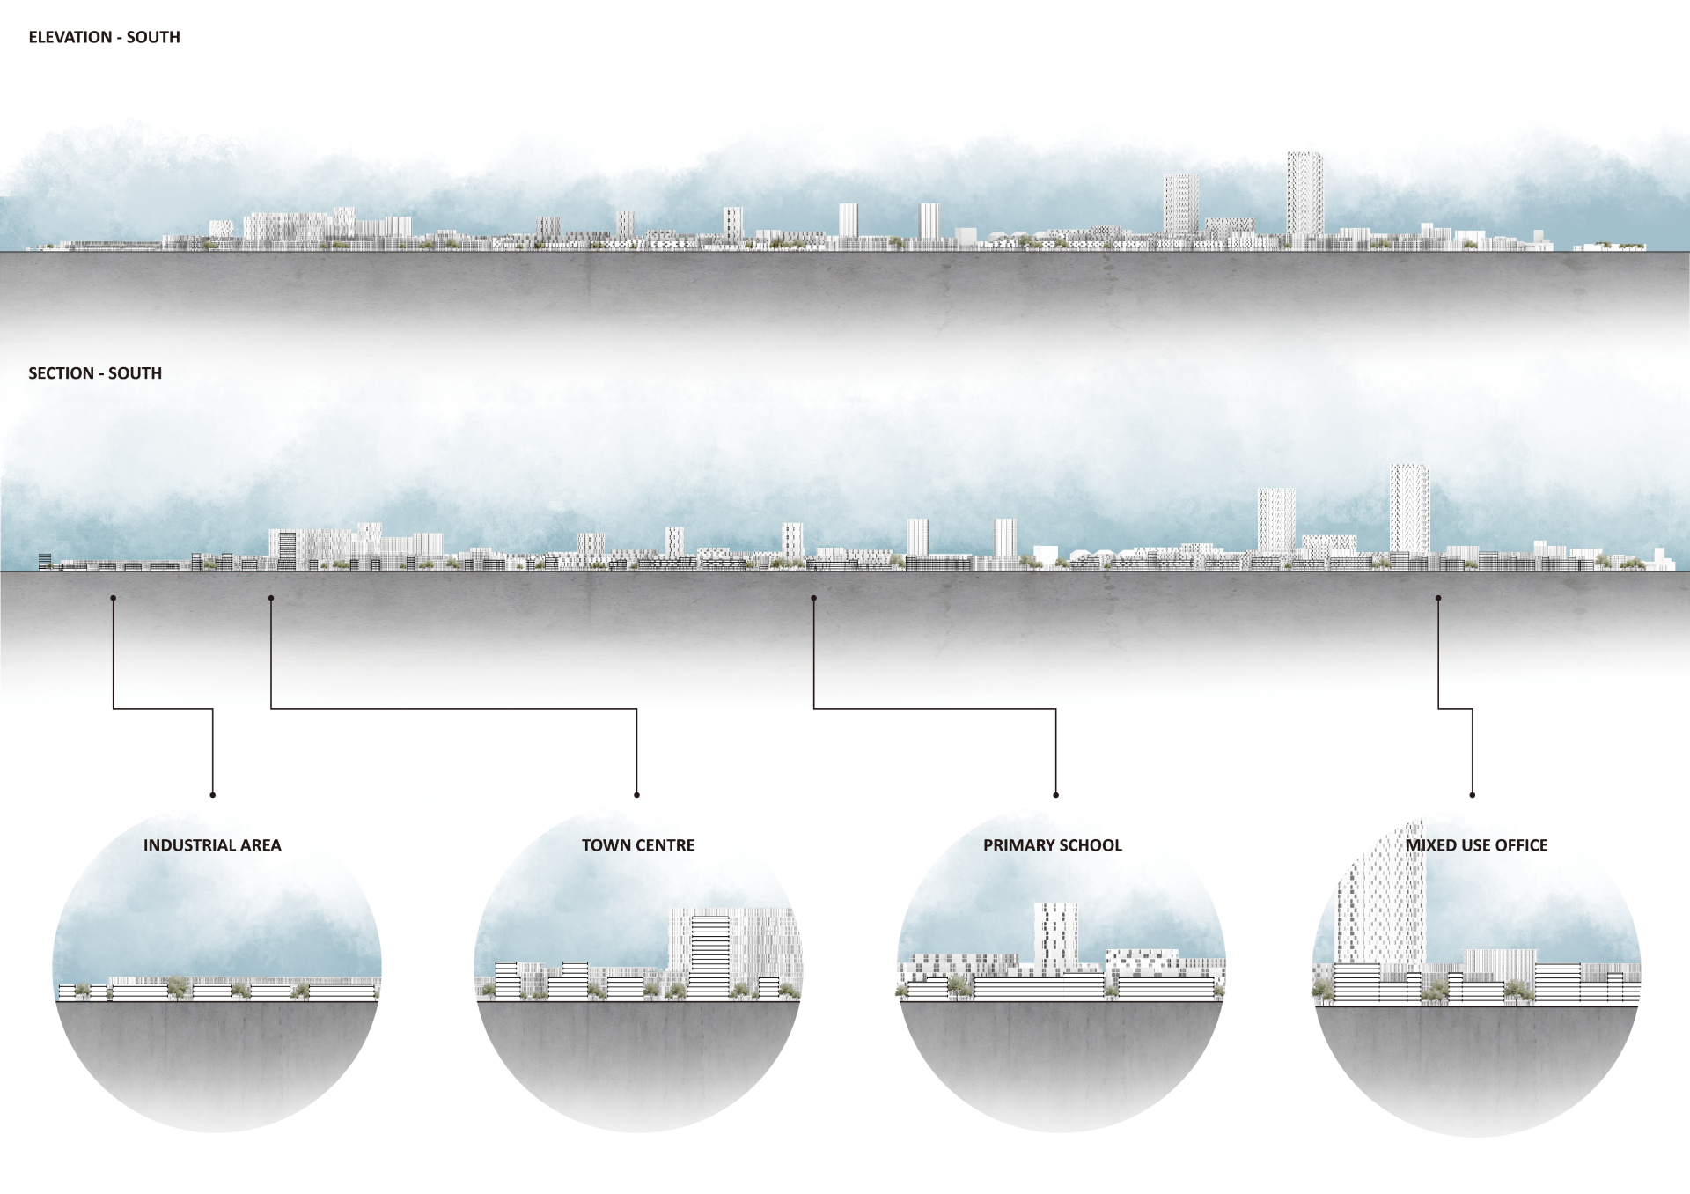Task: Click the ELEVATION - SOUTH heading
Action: [104, 37]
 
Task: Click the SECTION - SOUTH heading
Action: [95, 373]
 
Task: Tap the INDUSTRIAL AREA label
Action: [212, 845]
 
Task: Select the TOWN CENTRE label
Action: [638, 845]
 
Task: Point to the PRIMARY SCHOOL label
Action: [1053, 845]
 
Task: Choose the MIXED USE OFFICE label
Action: [1476, 845]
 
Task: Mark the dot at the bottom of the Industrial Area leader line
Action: [213, 795]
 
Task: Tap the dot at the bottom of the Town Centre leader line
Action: [636, 795]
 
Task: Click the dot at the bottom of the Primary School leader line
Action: [1056, 795]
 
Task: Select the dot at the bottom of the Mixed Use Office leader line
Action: [1473, 795]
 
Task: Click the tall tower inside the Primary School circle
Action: [1055, 938]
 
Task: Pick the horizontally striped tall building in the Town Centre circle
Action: [709, 955]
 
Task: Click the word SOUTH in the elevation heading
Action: [153, 37]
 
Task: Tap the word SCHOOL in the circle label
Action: [1091, 845]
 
